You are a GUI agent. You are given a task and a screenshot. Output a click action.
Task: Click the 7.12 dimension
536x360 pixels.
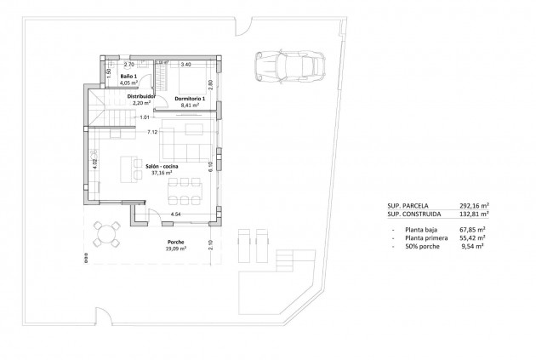click(x=151, y=132)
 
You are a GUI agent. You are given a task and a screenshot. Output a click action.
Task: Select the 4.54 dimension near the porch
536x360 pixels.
click(x=175, y=214)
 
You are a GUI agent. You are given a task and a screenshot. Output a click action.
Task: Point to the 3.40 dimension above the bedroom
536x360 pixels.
click(x=186, y=64)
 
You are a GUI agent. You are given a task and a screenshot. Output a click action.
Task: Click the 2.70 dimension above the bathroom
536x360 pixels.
click(x=130, y=64)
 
